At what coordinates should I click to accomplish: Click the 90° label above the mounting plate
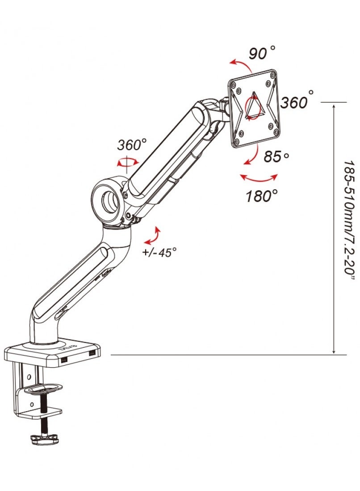pyautogui.click(x=262, y=54)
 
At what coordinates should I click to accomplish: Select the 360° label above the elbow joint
pyautogui.click(x=132, y=145)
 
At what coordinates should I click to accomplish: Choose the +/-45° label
pyautogui.click(x=159, y=252)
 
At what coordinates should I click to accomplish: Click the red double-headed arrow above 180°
pyautogui.click(x=259, y=179)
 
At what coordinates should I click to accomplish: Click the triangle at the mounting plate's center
pyautogui.click(x=253, y=107)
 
